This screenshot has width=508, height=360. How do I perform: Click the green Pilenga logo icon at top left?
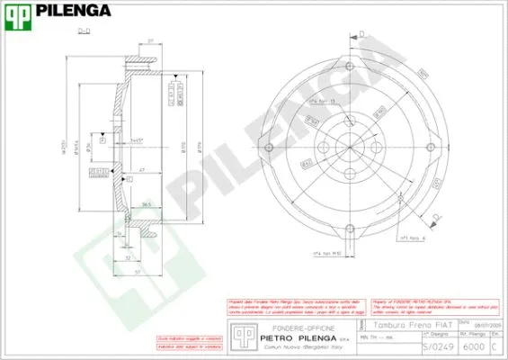(x=18, y=13)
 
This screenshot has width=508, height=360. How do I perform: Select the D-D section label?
(x=84, y=31)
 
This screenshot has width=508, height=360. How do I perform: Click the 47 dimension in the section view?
(x=142, y=169)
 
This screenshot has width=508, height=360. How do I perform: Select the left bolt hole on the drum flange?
(x=268, y=147)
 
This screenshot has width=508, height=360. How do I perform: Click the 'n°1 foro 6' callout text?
(x=409, y=238)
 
